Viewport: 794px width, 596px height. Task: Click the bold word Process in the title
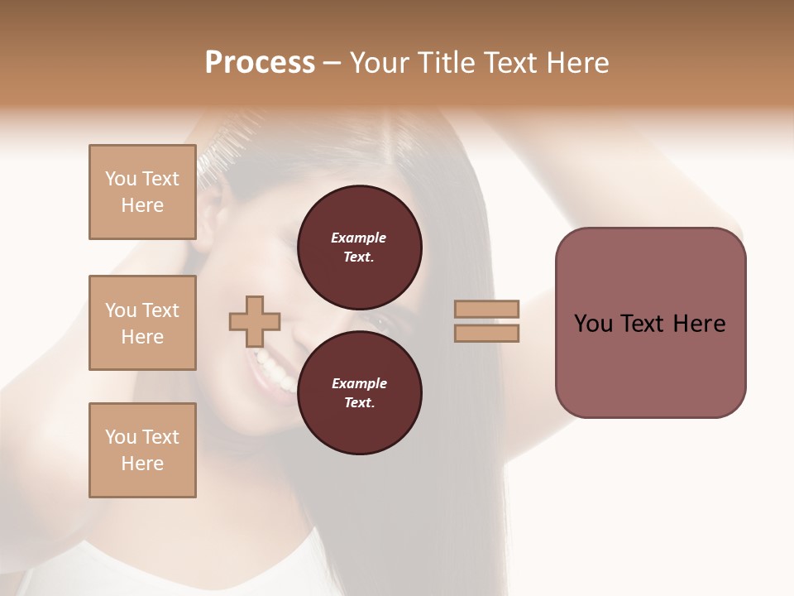260,63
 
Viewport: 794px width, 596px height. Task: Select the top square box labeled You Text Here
142,192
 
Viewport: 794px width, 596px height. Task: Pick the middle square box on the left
142,323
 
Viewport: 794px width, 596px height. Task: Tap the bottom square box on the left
142,450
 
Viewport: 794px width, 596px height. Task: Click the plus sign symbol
255,321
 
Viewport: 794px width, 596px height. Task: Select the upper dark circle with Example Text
359,247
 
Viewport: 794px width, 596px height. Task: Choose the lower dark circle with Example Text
359,392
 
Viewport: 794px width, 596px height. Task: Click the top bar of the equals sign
487,309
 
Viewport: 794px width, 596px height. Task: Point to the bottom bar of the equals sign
487,334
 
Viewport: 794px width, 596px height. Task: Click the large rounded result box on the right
650,323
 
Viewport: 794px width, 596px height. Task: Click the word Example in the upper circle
358,238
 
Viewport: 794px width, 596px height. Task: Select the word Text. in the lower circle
359,402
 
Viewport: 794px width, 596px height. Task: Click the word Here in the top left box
142,205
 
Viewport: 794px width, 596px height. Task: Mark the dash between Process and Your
332,63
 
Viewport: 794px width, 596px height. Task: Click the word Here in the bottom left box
142,464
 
